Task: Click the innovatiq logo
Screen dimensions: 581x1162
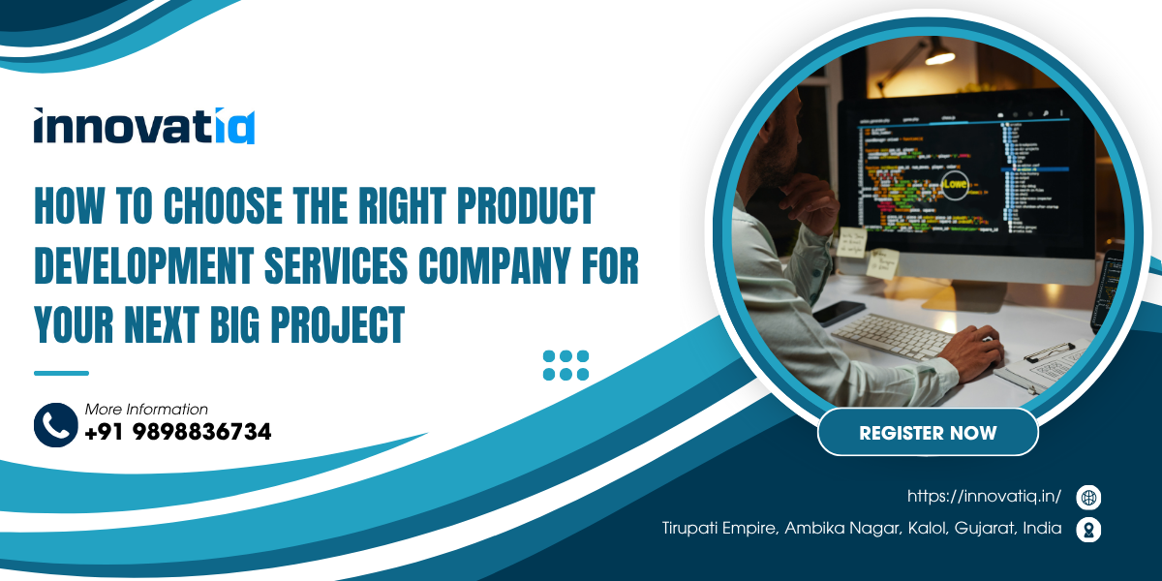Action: pyautogui.click(x=144, y=126)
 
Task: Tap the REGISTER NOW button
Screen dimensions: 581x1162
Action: pyautogui.click(x=928, y=432)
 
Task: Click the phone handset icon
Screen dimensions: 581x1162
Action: pyautogui.click(x=55, y=424)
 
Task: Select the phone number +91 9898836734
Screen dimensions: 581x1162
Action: pyautogui.click(x=178, y=432)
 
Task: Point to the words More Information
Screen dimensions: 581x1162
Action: pyautogui.click(x=146, y=409)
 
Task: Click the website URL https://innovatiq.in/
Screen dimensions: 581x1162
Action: pyautogui.click(x=984, y=497)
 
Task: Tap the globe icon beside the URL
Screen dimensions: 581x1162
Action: pyautogui.click(x=1088, y=498)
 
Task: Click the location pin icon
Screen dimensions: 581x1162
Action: pyautogui.click(x=1088, y=529)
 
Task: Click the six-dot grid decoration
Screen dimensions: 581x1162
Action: pyautogui.click(x=566, y=365)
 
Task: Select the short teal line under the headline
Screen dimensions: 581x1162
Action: pyautogui.click(x=61, y=373)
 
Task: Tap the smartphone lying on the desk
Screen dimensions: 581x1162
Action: pyautogui.click(x=839, y=312)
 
